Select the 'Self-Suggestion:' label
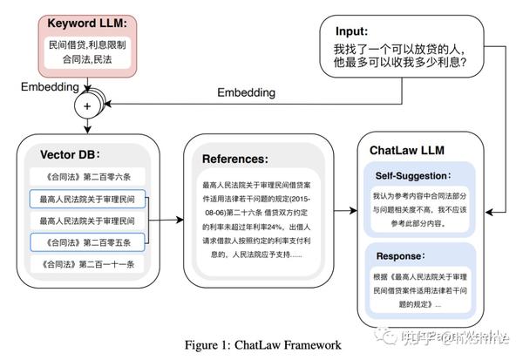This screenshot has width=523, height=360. coord(413,175)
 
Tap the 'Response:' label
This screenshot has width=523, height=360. coord(399,256)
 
